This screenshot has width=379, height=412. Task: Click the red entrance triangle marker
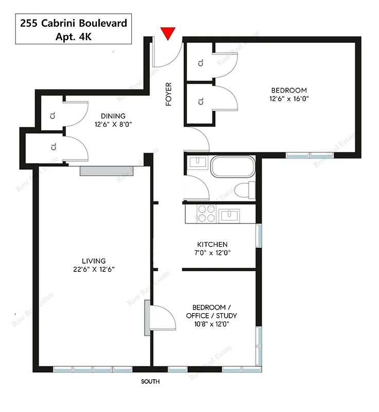[168, 33]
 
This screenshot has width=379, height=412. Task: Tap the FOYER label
[168, 94]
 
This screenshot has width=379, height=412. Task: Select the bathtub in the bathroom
[232, 168]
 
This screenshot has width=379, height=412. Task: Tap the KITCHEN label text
[212, 244]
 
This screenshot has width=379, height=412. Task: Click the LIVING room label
[93, 261]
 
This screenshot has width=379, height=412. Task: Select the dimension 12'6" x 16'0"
[288, 98]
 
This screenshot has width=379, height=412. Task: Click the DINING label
[113, 116]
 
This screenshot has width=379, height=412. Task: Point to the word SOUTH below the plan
[150, 382]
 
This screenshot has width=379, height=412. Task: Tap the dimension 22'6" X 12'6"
[93, 269]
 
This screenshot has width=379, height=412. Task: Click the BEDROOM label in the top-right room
[288, 90]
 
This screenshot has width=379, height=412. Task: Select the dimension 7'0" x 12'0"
[212, 252]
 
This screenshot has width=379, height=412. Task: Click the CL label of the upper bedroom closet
[201, 62]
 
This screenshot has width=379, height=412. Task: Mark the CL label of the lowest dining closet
[54, 147]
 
